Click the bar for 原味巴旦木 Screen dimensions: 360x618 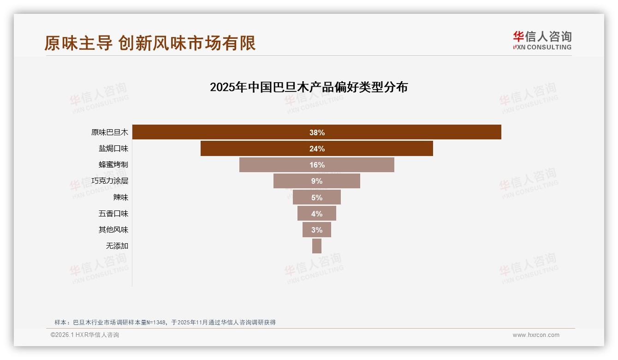231,132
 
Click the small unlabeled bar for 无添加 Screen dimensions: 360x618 317,246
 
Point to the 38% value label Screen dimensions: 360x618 317,132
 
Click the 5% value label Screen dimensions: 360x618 317,198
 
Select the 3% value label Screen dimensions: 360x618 317,230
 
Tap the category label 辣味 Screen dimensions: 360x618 121,198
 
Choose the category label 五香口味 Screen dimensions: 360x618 113,214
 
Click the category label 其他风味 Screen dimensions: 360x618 113,230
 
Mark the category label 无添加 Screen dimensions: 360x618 117,246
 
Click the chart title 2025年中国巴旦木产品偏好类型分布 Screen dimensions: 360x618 309,87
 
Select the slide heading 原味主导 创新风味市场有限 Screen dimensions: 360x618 150,43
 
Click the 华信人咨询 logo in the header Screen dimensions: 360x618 542,40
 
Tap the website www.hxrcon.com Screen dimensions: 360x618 536,335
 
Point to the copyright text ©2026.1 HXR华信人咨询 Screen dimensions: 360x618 85,335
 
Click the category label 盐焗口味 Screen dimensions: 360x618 113,149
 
